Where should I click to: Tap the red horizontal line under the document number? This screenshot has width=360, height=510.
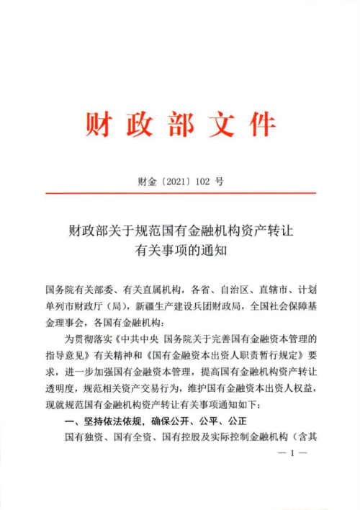point(180,193)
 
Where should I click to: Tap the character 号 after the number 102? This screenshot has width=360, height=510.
point(219,182)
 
